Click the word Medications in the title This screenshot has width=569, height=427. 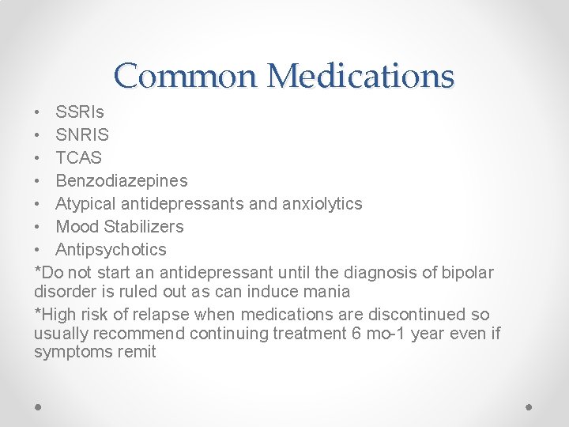click(x=360, y=77)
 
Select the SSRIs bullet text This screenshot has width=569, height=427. click(x=80, y=112)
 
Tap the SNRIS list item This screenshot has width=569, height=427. click(x=82, y=135)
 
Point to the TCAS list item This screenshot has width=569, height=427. click(x=79, y=158)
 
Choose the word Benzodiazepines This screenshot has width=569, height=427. click(x=122, y=181)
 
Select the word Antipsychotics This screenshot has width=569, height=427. click(x=111, y=250)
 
